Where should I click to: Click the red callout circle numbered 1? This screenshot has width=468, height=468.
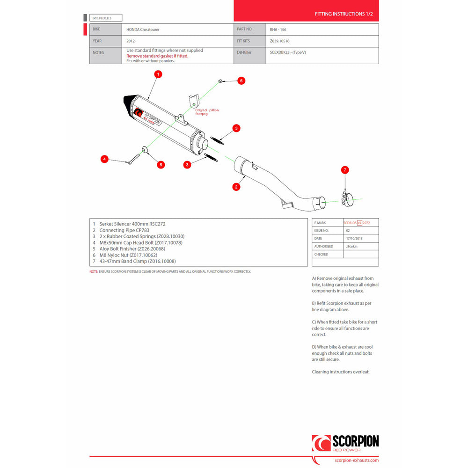(158, 74)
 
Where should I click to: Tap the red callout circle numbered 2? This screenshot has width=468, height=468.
(236, 187)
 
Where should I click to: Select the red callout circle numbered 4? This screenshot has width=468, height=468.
(105, 160)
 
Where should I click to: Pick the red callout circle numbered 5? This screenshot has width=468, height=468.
(161, 164)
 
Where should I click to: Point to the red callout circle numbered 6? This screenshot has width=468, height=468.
(241, 80)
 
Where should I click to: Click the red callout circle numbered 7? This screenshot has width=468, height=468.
(345, 170)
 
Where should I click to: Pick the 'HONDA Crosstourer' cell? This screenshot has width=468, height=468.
(142, 29)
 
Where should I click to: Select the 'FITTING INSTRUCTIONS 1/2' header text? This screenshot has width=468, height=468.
(344, 15)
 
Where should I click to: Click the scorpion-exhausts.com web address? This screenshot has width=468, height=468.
(357, 461)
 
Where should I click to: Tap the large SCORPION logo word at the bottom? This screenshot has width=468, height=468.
(355, 441)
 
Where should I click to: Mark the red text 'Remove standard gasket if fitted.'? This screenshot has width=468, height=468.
(157, 56)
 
